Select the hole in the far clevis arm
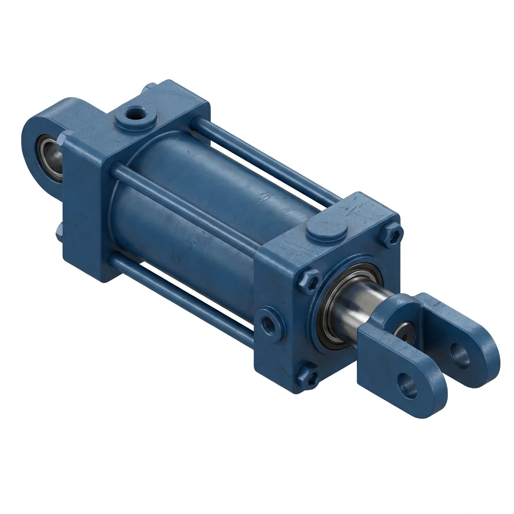(x=460, y=355)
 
